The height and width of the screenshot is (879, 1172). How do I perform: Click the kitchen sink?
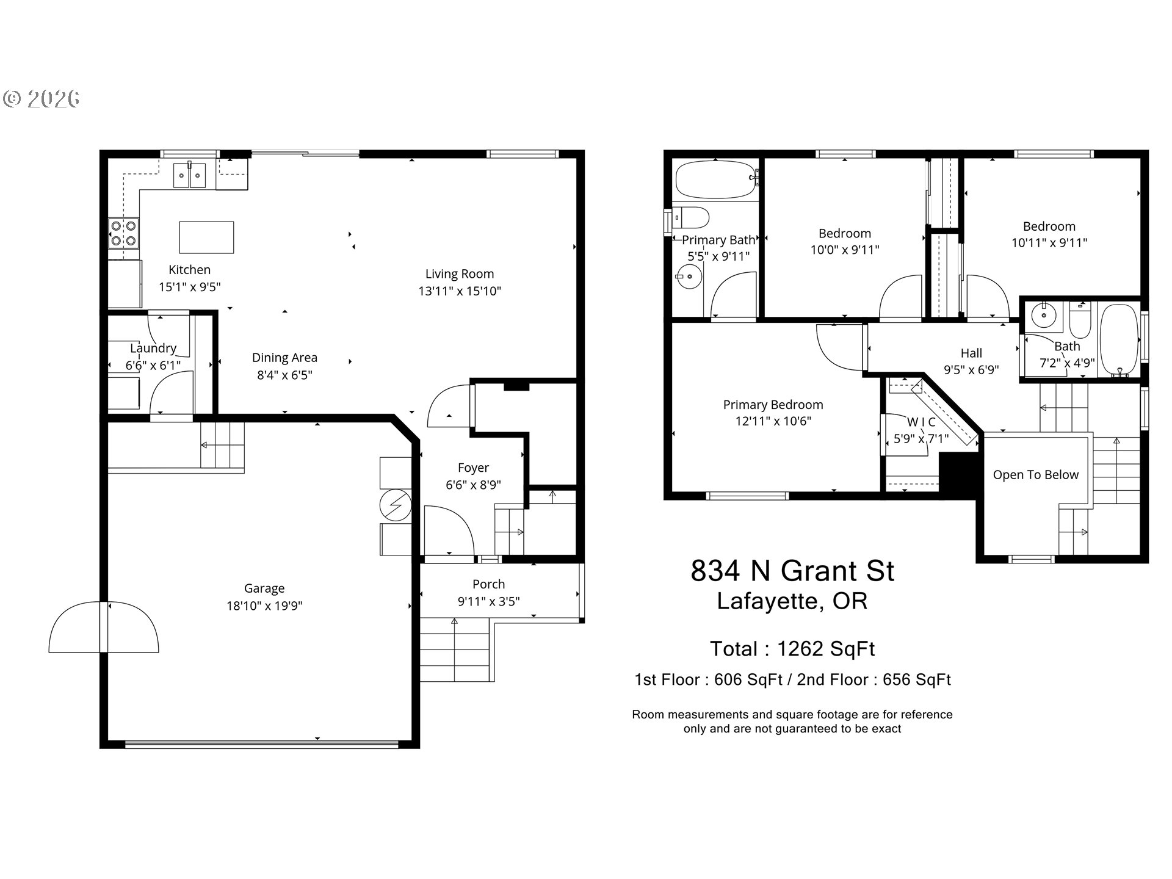[x=190, y=175]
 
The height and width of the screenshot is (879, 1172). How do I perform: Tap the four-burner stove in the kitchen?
[x=124, y=233]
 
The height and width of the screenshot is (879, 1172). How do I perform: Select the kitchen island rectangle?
[x=206, y=237]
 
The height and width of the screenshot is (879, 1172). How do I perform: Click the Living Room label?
[x=460, y=274]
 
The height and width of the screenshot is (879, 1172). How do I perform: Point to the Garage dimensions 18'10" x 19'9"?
[x=264, y=606]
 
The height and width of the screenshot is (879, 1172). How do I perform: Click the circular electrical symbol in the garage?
[x=395, y=505]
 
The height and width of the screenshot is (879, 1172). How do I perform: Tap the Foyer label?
[x=473, y=468]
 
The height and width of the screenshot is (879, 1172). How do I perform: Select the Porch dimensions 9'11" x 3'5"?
[x=488, y=601]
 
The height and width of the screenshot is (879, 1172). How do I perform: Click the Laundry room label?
[x=153, y=349]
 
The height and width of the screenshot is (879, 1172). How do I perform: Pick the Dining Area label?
[x=284, y=358]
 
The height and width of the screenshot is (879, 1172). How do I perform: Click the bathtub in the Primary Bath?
[x=716, y=179]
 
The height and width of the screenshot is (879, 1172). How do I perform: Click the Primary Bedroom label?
[x=773, y=405]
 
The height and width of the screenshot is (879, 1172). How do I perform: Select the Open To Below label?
[x=1035, y=475]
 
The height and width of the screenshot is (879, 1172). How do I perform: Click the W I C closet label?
[x=921, y=422]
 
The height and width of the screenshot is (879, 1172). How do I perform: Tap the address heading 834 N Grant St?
[x=792, y=571]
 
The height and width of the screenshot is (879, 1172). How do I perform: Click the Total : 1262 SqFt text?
[x=792, y=649]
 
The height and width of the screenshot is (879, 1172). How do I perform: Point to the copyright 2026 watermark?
[x=42, y=98]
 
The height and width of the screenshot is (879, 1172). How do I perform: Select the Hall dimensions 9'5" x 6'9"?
[x=971, y=369]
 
